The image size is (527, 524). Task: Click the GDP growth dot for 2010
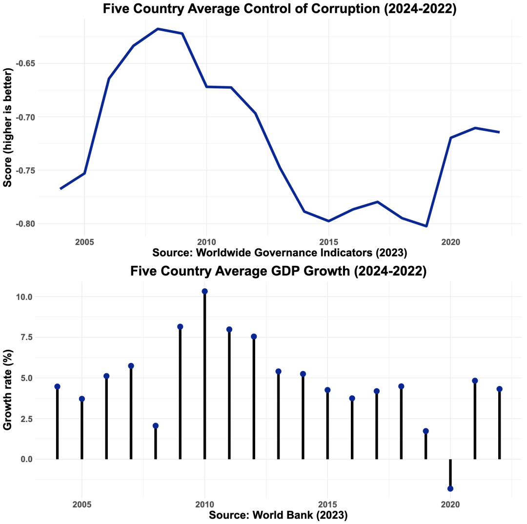[x=205, y=291]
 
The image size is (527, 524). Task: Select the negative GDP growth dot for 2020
[x=450, y=488]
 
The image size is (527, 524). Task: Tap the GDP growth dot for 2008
[x=156, y=425]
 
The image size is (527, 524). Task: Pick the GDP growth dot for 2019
[x=426, y=431]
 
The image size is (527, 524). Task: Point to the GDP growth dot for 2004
[x=58, y=386]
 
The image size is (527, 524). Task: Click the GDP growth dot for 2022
[x=499, y=389]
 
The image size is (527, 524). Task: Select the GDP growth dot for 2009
[x=180, y=326]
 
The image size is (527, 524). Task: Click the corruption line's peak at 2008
[x=158, y=29]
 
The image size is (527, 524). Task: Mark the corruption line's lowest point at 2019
[x=426, y=226]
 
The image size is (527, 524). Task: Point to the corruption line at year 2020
[x=450, y=138]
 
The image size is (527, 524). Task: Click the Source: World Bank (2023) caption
[x=278, y=515]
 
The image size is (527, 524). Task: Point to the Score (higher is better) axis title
[x=8, y=126]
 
